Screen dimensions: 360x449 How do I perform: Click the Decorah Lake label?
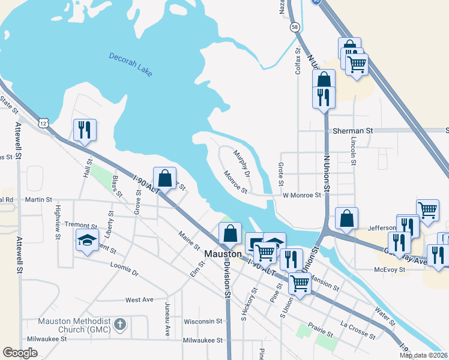(131, 64)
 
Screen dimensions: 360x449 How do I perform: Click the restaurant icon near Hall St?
(85, 130)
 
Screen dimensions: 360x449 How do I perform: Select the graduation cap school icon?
(87, 241)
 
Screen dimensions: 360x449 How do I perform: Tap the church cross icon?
(119, 325)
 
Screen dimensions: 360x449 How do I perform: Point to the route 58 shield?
(294, 27)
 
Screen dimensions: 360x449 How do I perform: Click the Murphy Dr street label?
(242, 160)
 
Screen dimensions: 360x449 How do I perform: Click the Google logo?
(20, 353)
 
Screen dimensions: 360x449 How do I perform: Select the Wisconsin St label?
(203, 321)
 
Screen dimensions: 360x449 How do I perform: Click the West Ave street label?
(139, 299)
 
